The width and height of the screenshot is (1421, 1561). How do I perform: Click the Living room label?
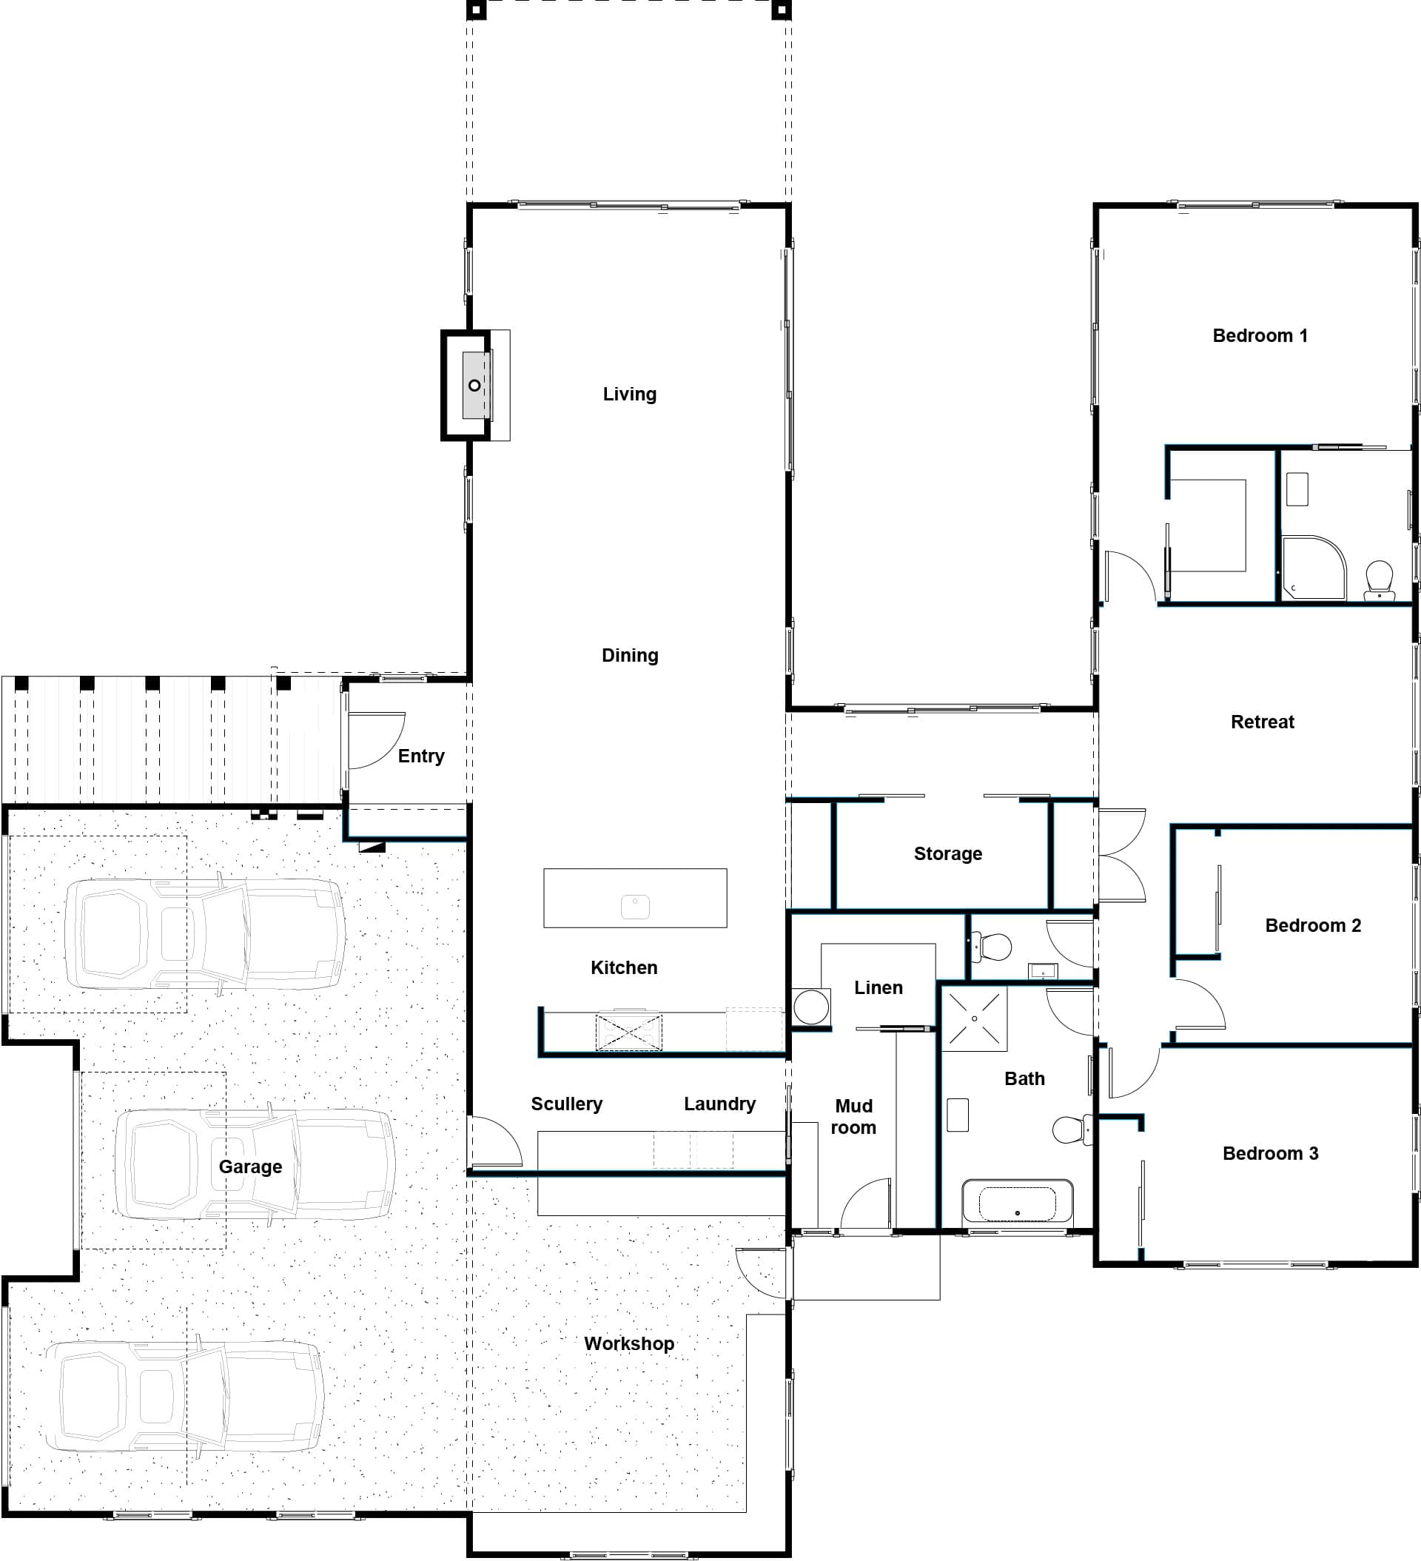(630, 394)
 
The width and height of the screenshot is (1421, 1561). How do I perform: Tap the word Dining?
(631, 655)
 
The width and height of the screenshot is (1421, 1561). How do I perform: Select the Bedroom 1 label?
(1260, 335)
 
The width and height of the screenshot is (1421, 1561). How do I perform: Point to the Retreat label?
(1263, 722)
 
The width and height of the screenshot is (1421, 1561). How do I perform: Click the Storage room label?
(948, 853)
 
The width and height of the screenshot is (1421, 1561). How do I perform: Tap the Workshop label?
(629, 1343)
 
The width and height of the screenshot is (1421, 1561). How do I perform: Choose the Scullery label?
(566, 1104)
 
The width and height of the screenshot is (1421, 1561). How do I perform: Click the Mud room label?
(853, 1117)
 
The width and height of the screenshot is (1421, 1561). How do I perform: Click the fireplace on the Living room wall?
(475, 386)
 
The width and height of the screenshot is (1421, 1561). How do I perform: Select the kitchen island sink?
(635, 907)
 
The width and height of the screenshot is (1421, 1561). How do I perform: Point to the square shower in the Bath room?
(974, 1018)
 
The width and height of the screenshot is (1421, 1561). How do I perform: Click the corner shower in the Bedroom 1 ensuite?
(1314, 568)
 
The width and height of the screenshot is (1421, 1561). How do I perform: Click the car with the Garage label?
(255, 1164)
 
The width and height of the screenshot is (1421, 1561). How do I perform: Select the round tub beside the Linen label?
(810, 1007)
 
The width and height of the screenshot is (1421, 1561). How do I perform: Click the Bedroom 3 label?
(1270, 1153)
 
